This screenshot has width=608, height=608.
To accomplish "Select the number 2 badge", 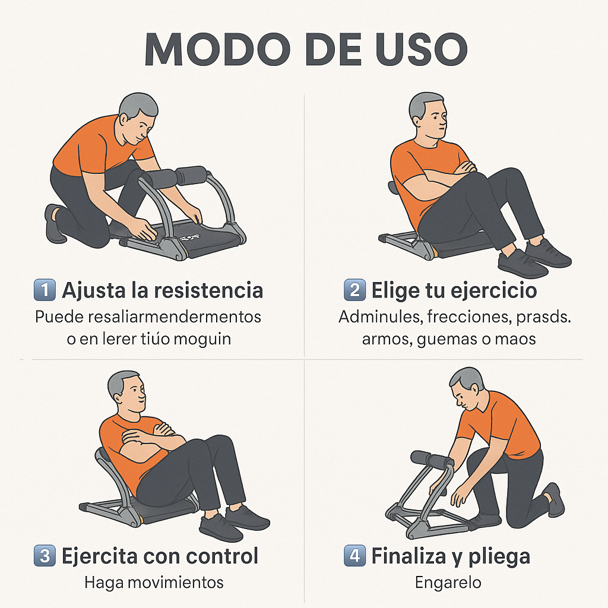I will (354, 291).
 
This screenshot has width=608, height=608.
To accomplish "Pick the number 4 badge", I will (354, 556).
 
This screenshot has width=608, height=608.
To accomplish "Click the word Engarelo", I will (448, 582).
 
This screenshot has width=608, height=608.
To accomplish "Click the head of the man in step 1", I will (138, 116).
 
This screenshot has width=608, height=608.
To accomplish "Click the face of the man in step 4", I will (464, 393).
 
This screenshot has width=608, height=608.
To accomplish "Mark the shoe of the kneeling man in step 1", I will (55, 224).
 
